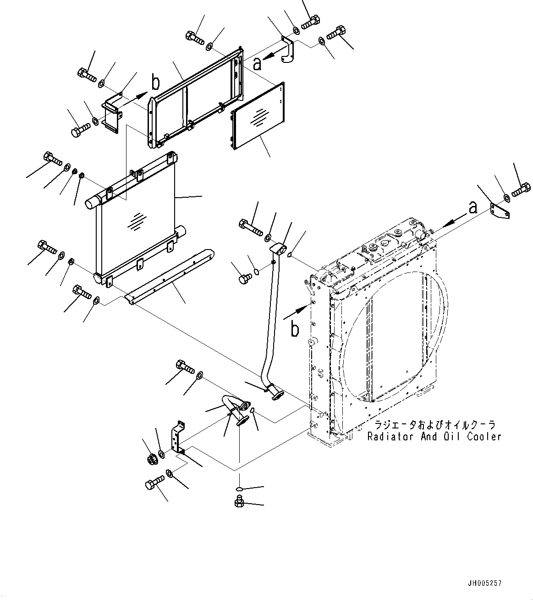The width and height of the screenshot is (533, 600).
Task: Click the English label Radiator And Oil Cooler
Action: click(x=434, y=437)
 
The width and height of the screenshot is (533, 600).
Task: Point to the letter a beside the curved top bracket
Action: click(x=258, y=64)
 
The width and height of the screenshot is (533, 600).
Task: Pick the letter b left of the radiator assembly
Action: click(x=295, y=330)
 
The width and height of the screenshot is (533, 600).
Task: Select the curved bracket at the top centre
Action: click(x=287, y=50)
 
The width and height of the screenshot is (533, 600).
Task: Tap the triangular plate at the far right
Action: click(x=500, y=211)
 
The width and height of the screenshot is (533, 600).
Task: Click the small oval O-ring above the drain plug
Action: click(x=240, y=489)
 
